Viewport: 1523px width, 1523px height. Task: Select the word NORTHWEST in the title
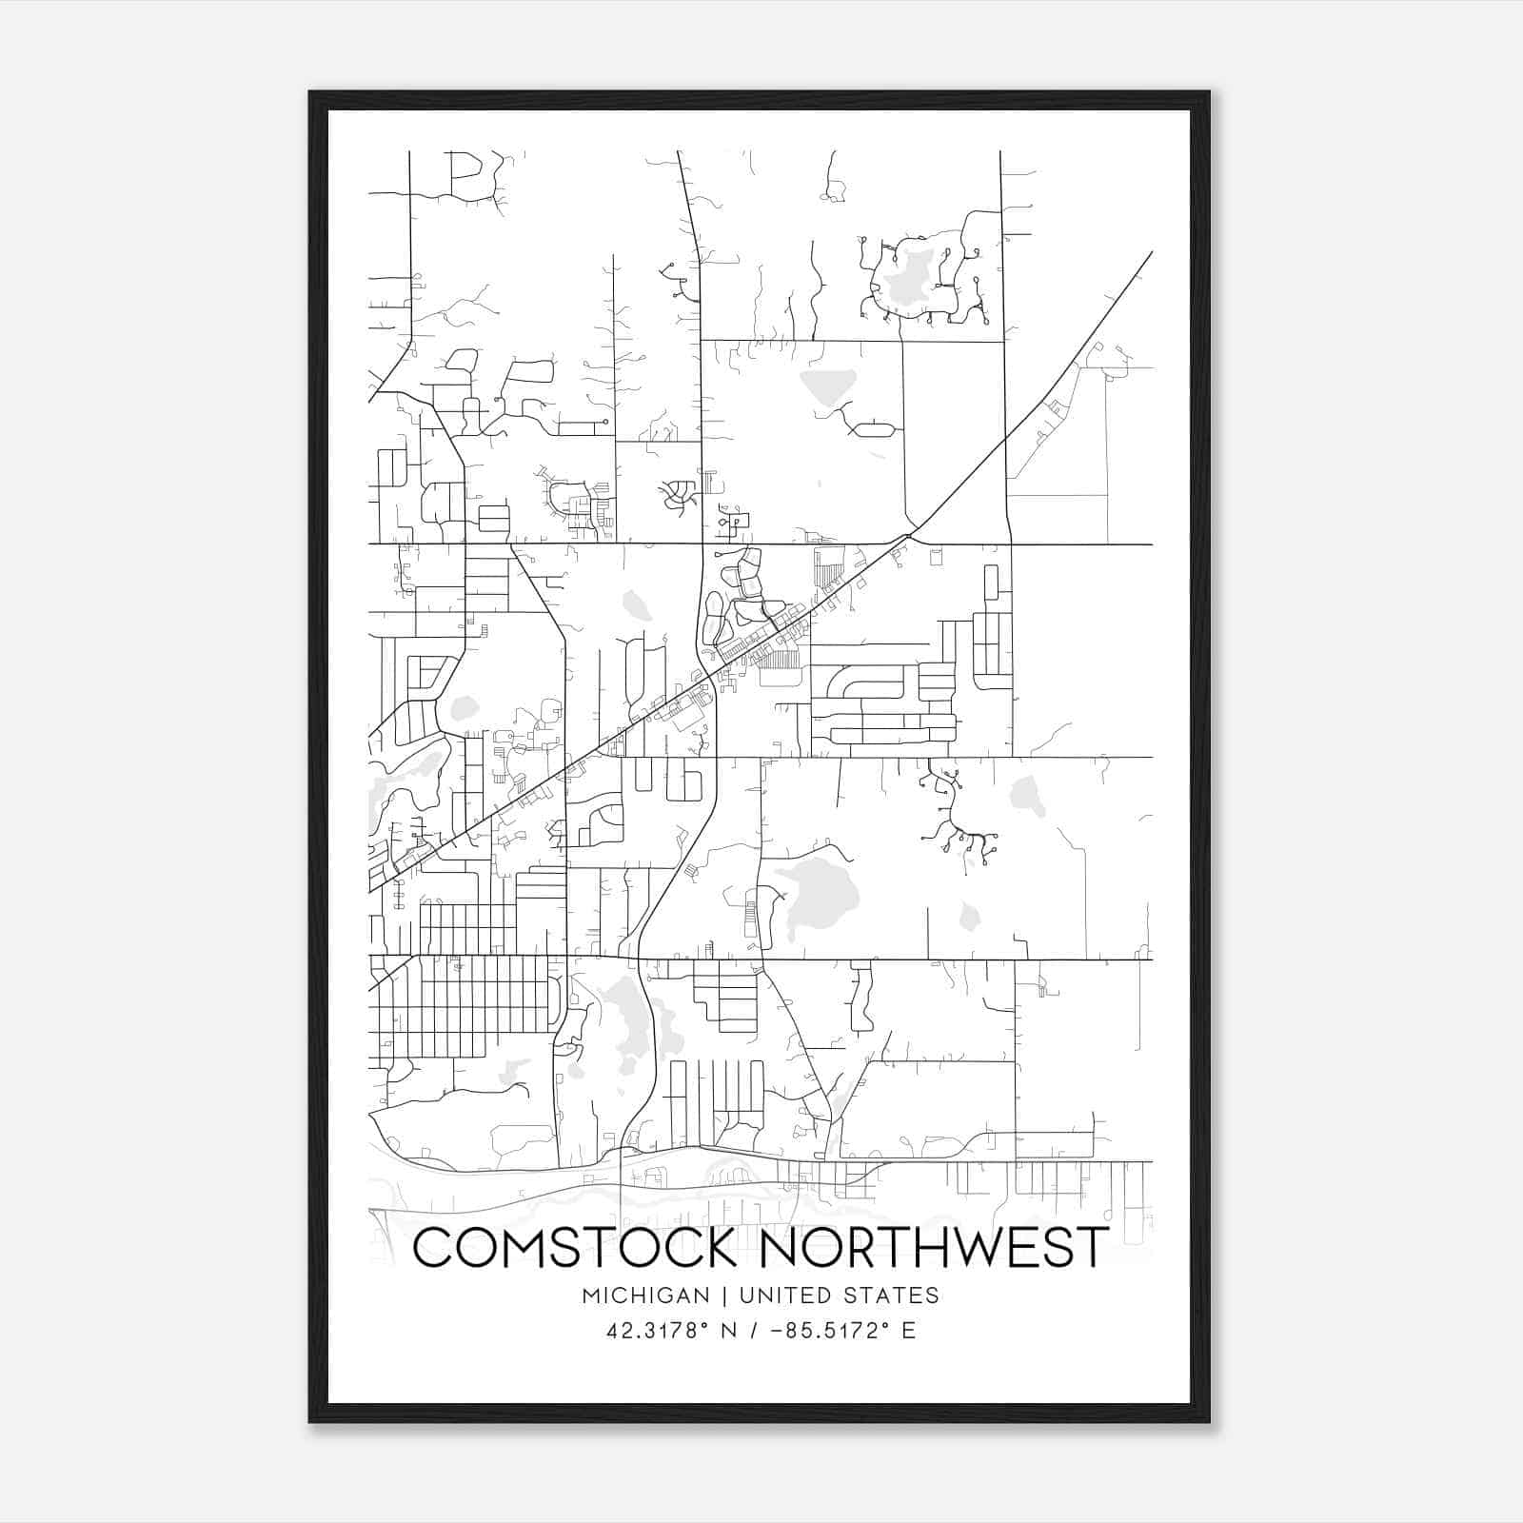[936, 1247]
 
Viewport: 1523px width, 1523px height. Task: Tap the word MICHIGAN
[645, 1296]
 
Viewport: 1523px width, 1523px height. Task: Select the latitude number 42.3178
[651, 1331]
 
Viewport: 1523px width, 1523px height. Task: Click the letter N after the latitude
[729, 1331]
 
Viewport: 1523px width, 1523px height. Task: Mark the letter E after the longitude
[909, 1331]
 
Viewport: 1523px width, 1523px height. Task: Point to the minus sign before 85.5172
[776, 1331]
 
